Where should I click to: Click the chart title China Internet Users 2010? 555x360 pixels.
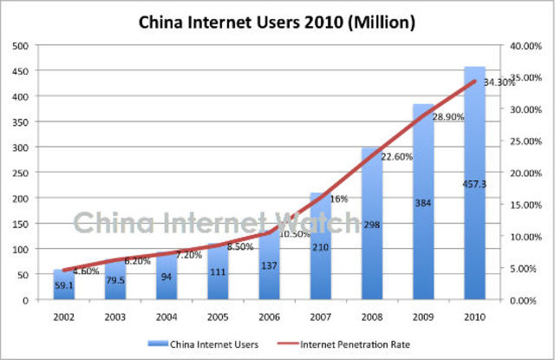[x=276, y=21]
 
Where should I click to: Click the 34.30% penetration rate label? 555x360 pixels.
[x=499, y=82]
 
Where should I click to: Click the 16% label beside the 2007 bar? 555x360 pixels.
[x=338, y=200]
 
